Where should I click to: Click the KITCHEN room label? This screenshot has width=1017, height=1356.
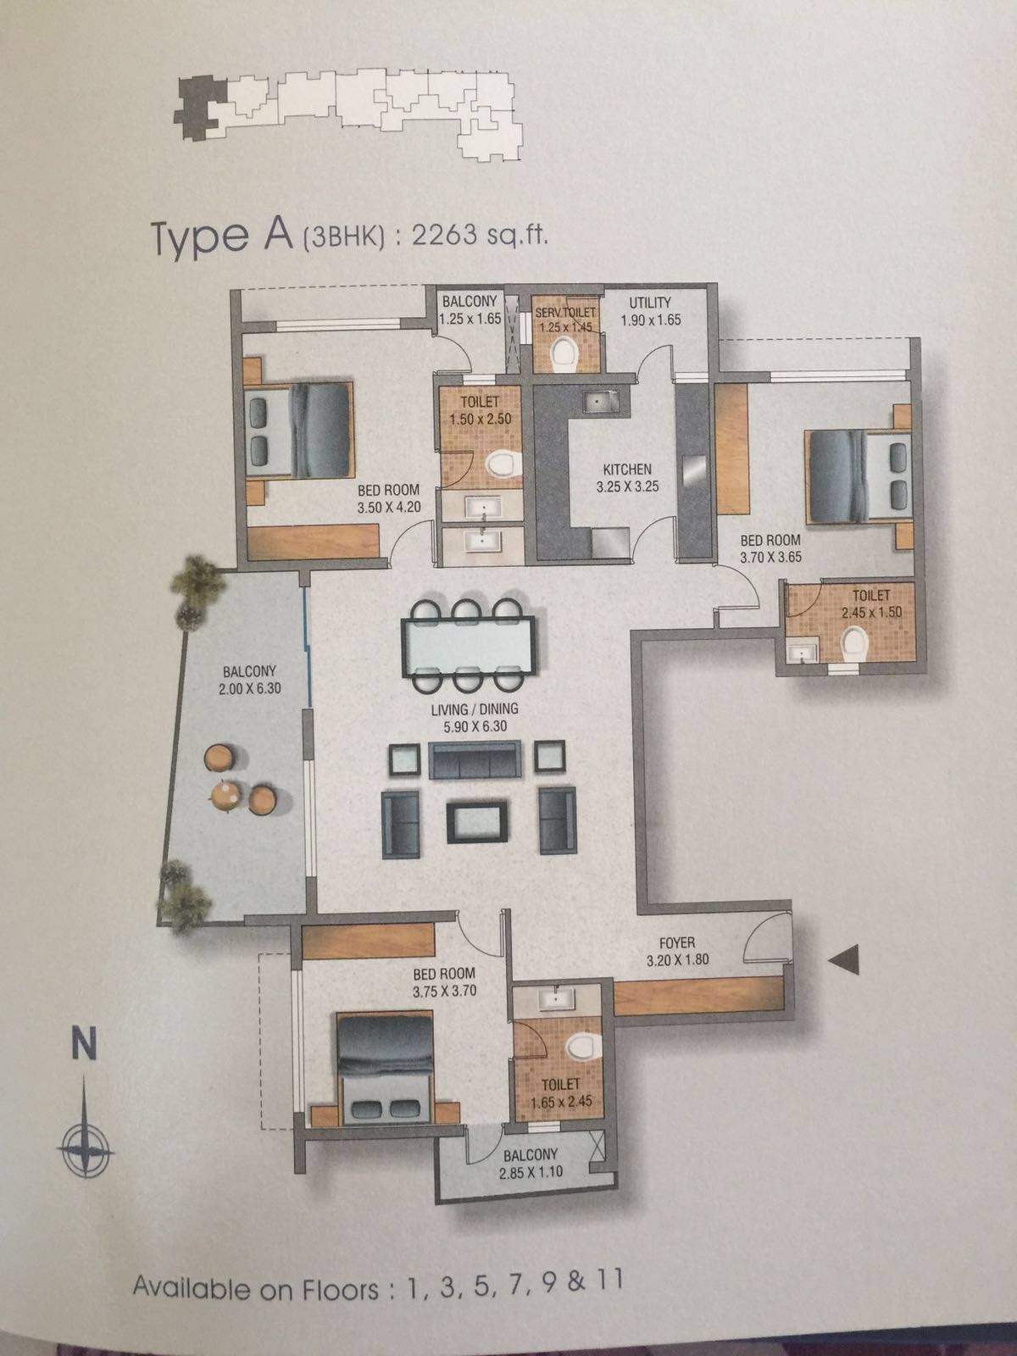coord(627,470)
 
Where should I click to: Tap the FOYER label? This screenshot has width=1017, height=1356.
coord(677,943)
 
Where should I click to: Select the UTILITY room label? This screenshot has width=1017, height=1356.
coord(649,303)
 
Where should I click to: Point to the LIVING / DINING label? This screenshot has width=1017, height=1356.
coord(475,709)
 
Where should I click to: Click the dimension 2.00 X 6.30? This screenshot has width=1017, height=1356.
coord(249,687)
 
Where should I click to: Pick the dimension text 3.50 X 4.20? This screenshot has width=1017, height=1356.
coord(389,508)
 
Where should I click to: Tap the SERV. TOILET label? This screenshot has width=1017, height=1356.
coord(565,314)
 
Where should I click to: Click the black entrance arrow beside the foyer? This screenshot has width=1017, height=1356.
coord(843,960)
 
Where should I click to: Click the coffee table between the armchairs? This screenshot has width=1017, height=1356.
coord(477,821)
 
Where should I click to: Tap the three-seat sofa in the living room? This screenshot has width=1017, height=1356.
coord(475,760)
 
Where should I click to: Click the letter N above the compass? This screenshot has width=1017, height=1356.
coord(84,1045)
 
